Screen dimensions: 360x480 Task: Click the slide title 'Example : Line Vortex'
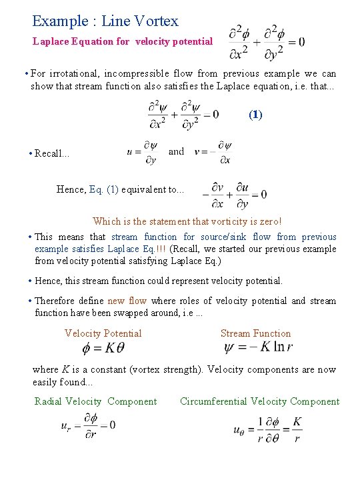tap(105, 21)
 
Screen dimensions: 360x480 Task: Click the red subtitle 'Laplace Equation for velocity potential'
tap(123, 41)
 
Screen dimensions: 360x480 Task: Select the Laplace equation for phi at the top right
tap(266, 41)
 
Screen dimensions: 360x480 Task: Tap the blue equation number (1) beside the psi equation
tap(255, 115)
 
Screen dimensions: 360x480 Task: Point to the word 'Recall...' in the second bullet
tap(51, 153)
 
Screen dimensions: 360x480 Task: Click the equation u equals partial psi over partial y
tap(142, 152)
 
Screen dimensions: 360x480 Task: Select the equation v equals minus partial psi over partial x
tap(213, 152)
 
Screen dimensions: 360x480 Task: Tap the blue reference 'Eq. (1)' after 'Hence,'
tap(103, 189)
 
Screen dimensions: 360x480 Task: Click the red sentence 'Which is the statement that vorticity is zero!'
tap(187, 221)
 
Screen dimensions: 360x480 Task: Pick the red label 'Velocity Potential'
tap(103, 333)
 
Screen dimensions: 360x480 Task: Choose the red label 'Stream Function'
tap(255, 333)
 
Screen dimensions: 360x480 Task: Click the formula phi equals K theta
tap(103, 349)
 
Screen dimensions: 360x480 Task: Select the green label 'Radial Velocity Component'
tap(95, 401)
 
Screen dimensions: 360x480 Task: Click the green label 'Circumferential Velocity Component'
tap(259, 401)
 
